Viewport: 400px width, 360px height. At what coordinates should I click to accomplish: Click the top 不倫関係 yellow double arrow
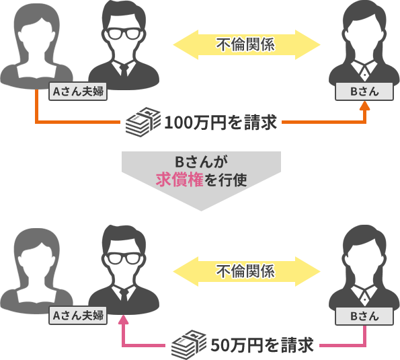247,44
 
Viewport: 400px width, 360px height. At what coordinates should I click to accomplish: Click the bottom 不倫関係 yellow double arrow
247,271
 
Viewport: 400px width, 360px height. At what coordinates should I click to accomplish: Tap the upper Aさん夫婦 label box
78,92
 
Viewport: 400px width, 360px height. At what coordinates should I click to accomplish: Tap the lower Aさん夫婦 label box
78,316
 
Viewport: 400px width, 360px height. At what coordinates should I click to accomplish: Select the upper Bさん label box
364,92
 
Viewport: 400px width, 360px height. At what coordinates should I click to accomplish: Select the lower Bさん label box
364,316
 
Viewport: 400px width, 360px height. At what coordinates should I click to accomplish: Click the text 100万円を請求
221,122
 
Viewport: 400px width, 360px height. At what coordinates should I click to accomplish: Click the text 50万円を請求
262,345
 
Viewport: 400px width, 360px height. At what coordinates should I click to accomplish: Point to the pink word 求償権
179,180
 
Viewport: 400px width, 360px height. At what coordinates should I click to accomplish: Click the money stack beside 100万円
143,122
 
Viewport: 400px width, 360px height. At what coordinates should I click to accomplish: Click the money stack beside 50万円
189,345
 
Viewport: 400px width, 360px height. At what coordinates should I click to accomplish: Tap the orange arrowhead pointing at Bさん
365,106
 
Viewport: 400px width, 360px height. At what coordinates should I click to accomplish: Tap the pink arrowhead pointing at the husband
124,320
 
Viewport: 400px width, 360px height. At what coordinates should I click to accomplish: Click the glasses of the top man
124,34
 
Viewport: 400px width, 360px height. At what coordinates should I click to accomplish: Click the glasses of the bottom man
124,258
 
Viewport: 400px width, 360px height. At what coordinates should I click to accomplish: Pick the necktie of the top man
124,71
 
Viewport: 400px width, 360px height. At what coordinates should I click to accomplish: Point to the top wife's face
37,38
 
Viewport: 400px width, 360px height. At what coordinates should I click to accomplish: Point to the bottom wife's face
37,263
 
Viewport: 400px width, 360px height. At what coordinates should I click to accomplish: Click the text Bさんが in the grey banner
201,161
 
